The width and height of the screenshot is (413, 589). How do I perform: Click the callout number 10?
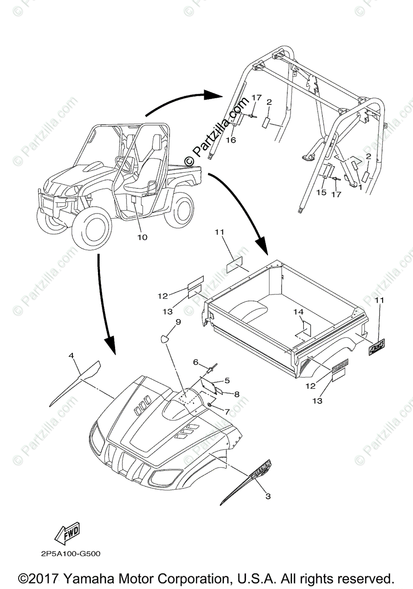point(142,237)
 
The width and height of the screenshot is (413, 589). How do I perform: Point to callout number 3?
point(267,496)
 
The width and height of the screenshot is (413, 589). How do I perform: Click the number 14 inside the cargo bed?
point(299,312)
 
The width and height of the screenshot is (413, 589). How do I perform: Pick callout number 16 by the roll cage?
point(231,140)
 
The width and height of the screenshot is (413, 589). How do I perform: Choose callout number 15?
point(321,193)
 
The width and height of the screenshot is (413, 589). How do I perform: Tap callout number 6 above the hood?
point(195,362)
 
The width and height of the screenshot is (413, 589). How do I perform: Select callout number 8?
point(237,394)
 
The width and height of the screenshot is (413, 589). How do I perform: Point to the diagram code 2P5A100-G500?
point(71,554)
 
